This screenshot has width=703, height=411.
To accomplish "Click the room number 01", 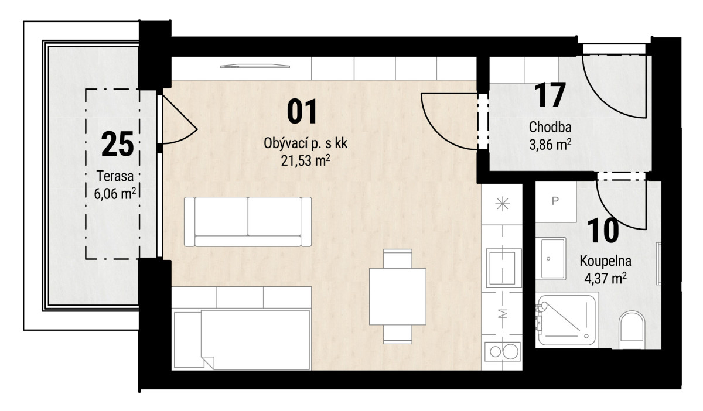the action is tap(302, 111).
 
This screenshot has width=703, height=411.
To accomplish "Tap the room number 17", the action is tap(550, 95).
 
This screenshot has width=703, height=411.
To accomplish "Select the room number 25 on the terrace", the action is tap(118, 144).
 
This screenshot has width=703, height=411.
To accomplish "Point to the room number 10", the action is tap(603, 231).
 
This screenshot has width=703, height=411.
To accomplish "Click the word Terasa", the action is tap(115, 176).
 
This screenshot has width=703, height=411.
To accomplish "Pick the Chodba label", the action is tap(550, 127).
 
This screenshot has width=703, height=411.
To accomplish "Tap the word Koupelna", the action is tap(605, 261).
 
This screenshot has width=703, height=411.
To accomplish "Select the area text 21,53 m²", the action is tap(305, 160).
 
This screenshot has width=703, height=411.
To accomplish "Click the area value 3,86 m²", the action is tap(550, 145).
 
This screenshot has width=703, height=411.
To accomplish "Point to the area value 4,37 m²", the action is tap(606, 278).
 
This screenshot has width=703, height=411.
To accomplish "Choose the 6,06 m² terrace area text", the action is tap(115, 193).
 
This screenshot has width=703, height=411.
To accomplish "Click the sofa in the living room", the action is tap(248, 221).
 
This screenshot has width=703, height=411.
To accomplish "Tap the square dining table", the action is tap(398, 296).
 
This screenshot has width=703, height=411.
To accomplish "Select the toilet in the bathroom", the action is tap(632, 330).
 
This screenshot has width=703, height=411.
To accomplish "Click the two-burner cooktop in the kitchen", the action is tap(503, 351).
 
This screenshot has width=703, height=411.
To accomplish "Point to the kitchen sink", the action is tap(504, 268).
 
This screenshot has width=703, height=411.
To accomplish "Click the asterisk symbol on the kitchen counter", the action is tap(503, 204).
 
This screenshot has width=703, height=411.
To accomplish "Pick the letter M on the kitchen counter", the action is tap(503, 313).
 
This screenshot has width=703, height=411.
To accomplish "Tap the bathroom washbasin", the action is tap(551, 259).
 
